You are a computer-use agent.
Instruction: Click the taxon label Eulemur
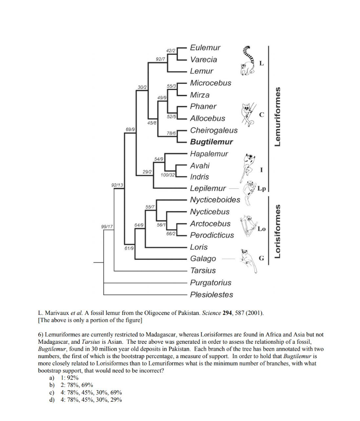(205, 48)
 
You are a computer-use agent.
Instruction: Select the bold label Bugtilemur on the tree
(211, 142)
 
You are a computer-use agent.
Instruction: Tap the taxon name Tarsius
(203, 271)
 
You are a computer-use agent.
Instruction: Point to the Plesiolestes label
(211, 294)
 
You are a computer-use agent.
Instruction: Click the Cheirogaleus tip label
(214, 130)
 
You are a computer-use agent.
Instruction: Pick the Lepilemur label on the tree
(208, 189)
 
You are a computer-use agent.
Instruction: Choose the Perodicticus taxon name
(212, 235)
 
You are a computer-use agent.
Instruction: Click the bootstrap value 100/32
(168, 175)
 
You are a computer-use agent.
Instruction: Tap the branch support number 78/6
(171, 133)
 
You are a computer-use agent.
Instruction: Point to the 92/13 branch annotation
(118, 185)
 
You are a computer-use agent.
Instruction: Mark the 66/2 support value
(171, 234)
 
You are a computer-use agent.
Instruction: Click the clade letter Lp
(261, 189)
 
